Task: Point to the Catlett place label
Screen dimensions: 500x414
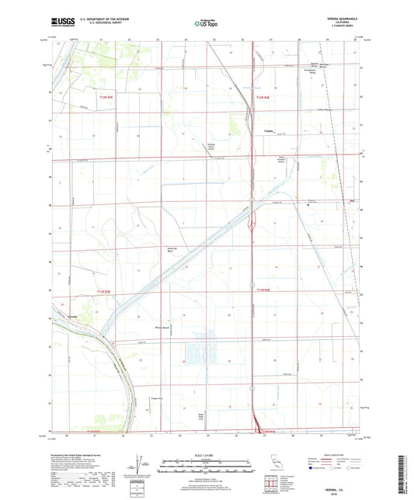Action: (x=270, y=130)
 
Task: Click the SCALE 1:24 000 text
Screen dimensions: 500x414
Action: (x=207, y=453)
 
